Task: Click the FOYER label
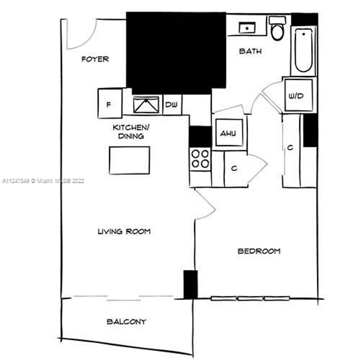tap(95, 59)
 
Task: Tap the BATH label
tap(250, 52)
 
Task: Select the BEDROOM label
tap(259, 251)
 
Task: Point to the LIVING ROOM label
tap(124, 232)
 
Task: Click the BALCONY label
tap(126, 322)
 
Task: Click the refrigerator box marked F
tap(110, 104)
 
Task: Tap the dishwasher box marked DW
tap(172, 105)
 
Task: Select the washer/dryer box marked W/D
tap(298, 96)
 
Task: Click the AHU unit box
tap(229, 133)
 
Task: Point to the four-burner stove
tap(200, 158)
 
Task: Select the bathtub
tap(303, 50)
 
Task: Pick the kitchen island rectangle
tap(129, 160)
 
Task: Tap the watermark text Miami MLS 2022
tap(43, 180)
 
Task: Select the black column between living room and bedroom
tap(190, 284)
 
